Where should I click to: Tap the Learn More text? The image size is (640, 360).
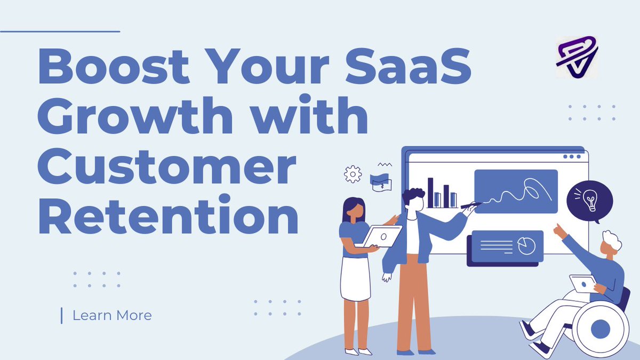112,316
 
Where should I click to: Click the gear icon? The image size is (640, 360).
353,174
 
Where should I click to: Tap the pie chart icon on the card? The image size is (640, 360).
526,246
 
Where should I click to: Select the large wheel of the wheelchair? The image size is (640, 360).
600,329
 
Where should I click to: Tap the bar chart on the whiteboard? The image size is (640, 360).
442,193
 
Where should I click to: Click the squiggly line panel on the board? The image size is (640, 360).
515,191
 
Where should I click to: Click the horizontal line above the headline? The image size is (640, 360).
60,31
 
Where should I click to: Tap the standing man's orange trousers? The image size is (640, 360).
413,304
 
